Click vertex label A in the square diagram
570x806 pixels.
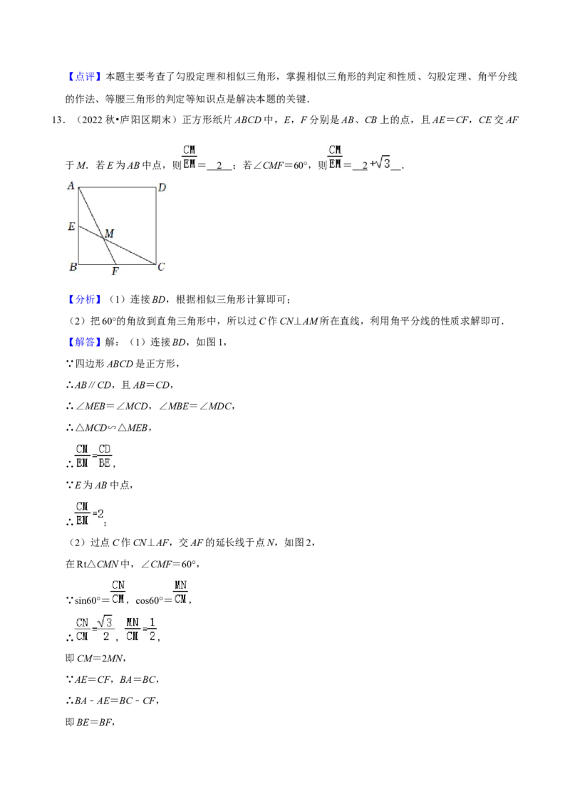[71, 186]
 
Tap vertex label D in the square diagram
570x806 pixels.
[162, 187]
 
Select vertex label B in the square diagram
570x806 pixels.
[72, 268]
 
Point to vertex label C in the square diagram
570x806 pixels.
[162, 267]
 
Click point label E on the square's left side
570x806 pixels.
[71, 227]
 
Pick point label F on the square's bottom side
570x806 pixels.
[115, 271]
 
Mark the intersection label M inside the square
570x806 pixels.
[109, 233]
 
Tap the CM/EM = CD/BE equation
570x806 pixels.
[94, 456]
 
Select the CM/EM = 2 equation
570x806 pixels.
[91, 513]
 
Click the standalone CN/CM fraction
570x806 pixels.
[118, 592]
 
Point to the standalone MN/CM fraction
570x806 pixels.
[182, 592]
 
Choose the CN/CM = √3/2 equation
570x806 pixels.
[94, 629]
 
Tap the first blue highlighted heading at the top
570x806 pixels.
[85, 77]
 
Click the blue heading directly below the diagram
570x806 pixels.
[85, 300]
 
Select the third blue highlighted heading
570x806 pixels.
[85, 342]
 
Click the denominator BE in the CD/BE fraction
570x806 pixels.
[105, 463]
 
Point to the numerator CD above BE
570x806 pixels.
[105, 449]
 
